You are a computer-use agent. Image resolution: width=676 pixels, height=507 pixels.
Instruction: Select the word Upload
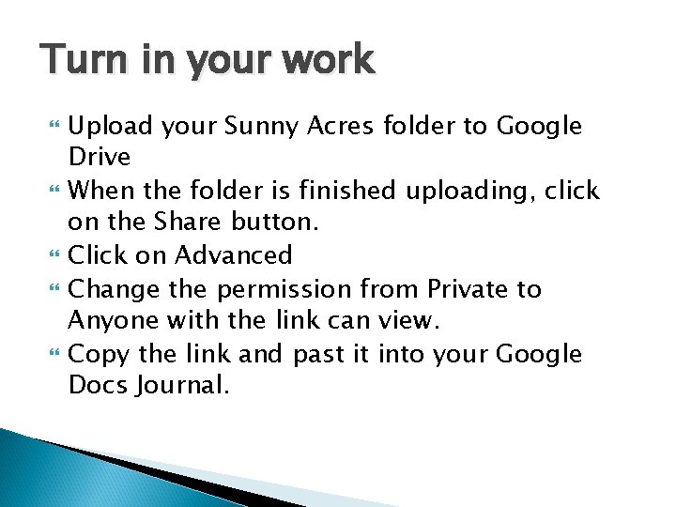112,127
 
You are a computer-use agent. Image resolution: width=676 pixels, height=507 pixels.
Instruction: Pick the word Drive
99,156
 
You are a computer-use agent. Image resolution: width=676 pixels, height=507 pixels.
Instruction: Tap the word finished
345,191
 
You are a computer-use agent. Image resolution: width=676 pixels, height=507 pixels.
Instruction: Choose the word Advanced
234,255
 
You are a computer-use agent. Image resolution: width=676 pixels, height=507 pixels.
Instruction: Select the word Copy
96,354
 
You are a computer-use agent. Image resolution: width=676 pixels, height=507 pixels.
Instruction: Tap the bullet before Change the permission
54,289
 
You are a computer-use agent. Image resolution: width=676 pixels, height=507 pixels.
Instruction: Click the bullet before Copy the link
54,355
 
